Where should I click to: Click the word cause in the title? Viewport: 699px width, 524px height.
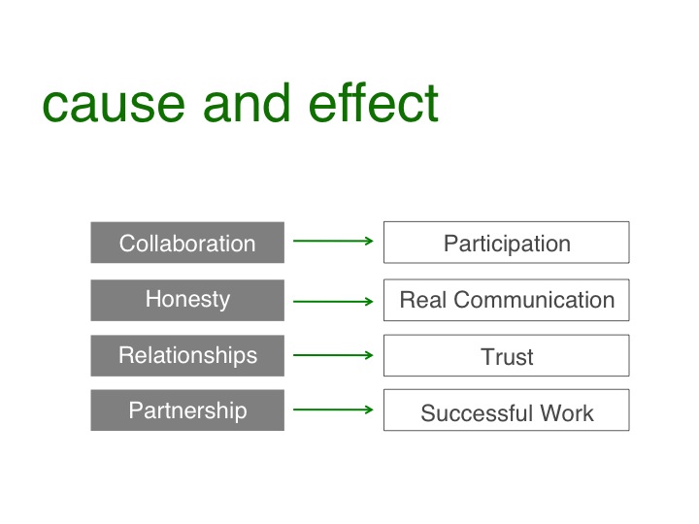pos(102,105)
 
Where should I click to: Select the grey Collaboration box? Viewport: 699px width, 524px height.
pos(187,243)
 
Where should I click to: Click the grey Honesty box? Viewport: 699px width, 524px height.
pos(187,300)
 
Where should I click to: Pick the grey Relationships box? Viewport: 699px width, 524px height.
pos(187,355)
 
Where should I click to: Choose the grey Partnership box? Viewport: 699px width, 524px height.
pos(187,410)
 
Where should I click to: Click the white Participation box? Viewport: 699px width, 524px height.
pos(506,243)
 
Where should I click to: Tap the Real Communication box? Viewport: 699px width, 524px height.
pos(506,300)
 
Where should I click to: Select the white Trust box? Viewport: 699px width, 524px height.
pos(506,356)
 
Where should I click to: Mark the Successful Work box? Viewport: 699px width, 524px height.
pos(506,411)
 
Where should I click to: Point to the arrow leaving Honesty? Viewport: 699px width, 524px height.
pos(333,301)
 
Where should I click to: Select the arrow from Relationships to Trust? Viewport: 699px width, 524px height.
pos(333,355)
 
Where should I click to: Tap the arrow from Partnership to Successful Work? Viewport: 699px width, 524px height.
pos(333,409)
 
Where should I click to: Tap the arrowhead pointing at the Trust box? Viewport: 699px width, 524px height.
pos(369,355)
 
